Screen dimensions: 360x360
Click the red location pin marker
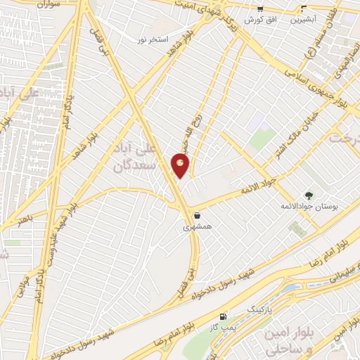[180, 165]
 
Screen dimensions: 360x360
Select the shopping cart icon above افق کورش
[260, 9]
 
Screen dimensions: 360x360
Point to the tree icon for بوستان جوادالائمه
[307, 194]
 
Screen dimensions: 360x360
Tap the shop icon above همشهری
[198, 215]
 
